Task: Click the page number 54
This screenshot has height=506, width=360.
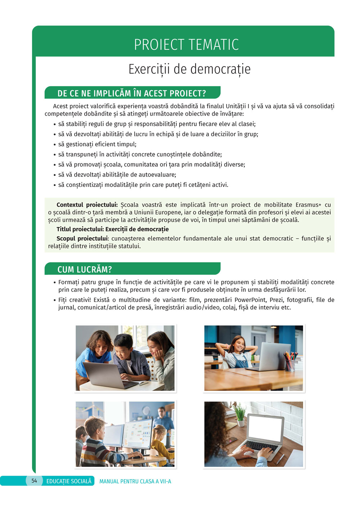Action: pyautogui.click(x=34, y=481)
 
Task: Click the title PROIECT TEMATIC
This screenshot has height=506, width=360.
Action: pyautogui.click(x=186, y=45)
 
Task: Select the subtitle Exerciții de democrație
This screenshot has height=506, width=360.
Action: pyautogui.click(x=189, y=69)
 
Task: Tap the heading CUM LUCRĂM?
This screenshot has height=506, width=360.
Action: pyautogui.click(x=85, y=269)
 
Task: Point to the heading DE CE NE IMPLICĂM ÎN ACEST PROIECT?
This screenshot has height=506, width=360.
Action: pyautogui.click(x=132, y=93)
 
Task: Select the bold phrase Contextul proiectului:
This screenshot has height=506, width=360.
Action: pyautogui.click(x=87, y=205)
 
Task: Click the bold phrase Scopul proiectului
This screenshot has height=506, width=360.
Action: pyautogui.click(x=82, y=238)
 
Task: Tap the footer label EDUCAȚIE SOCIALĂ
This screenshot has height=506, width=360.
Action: pyautogui.click(x=69, y=481)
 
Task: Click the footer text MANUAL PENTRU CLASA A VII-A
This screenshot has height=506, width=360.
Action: pyautogui.click(x=135, y=481)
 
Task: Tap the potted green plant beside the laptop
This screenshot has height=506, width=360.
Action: pyautogui.click(x=240, y=414)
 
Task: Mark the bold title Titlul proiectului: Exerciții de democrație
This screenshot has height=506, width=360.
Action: pyautogui.click(x=112, y=229)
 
